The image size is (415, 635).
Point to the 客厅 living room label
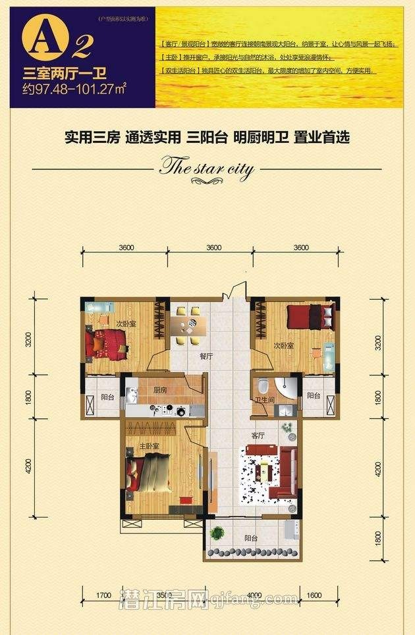pos(258,435)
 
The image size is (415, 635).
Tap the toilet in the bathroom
pos(263,385)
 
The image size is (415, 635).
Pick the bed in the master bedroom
pos(150,474)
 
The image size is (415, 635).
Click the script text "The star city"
pos(207,169)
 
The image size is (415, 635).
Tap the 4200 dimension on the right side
pos(377,468)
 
